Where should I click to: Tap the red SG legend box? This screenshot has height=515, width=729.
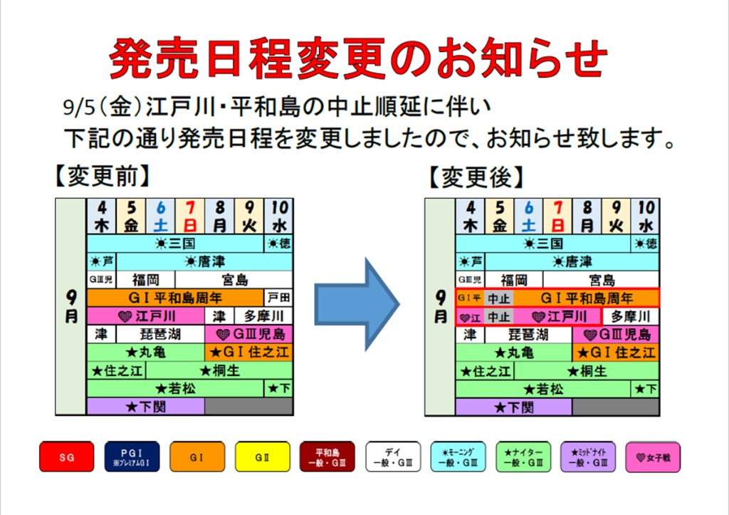point(67,457)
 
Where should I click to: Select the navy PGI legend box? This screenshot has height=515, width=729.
point(132,457)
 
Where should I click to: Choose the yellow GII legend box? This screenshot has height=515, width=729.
point(263,457)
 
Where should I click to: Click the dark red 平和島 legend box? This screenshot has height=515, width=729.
point(327,457)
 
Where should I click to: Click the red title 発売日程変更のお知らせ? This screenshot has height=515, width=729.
point(359,57)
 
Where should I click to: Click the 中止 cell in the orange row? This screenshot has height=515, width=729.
point(498,298)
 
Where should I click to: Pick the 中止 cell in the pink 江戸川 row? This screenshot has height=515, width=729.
point(498,316)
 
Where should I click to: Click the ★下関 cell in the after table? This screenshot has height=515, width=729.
point(513,407)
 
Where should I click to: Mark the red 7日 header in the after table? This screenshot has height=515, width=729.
point(558,216)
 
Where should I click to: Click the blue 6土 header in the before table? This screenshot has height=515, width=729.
point(161,216)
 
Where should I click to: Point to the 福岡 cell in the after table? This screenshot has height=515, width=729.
point(513,279)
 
